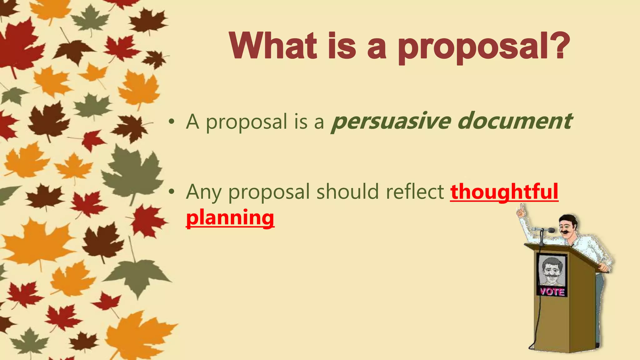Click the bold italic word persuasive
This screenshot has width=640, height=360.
pos(390,122)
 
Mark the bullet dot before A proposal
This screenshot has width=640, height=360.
pos(171,122)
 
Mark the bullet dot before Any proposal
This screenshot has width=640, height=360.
pos(171,192)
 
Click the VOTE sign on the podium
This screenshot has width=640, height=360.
pos(552,292)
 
